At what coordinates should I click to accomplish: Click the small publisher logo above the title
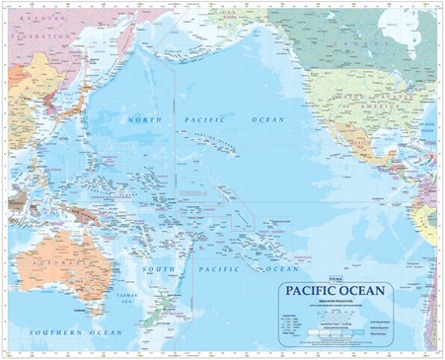[283, 281]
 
